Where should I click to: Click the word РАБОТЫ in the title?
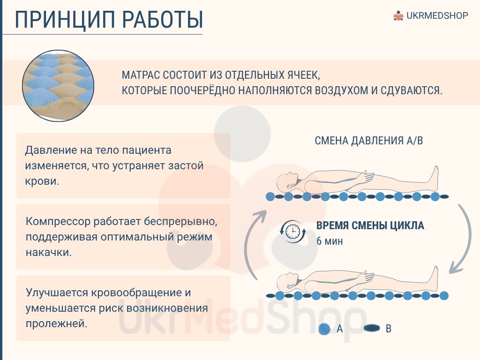[163, 20]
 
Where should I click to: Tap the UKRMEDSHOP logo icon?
[398, 15]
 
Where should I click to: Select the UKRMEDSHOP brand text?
[437, 15]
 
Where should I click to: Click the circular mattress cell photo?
[58, 86]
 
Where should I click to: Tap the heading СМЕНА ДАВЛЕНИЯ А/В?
[368, 141]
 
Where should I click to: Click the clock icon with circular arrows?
[293, 232]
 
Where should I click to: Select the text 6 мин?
[330, 241]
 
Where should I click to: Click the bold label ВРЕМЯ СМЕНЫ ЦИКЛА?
[370, 225]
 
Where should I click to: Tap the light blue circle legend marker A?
[324, 329]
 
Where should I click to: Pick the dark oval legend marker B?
[372, 328]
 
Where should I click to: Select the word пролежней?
[56, 323]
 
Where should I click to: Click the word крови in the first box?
[42, 181]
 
